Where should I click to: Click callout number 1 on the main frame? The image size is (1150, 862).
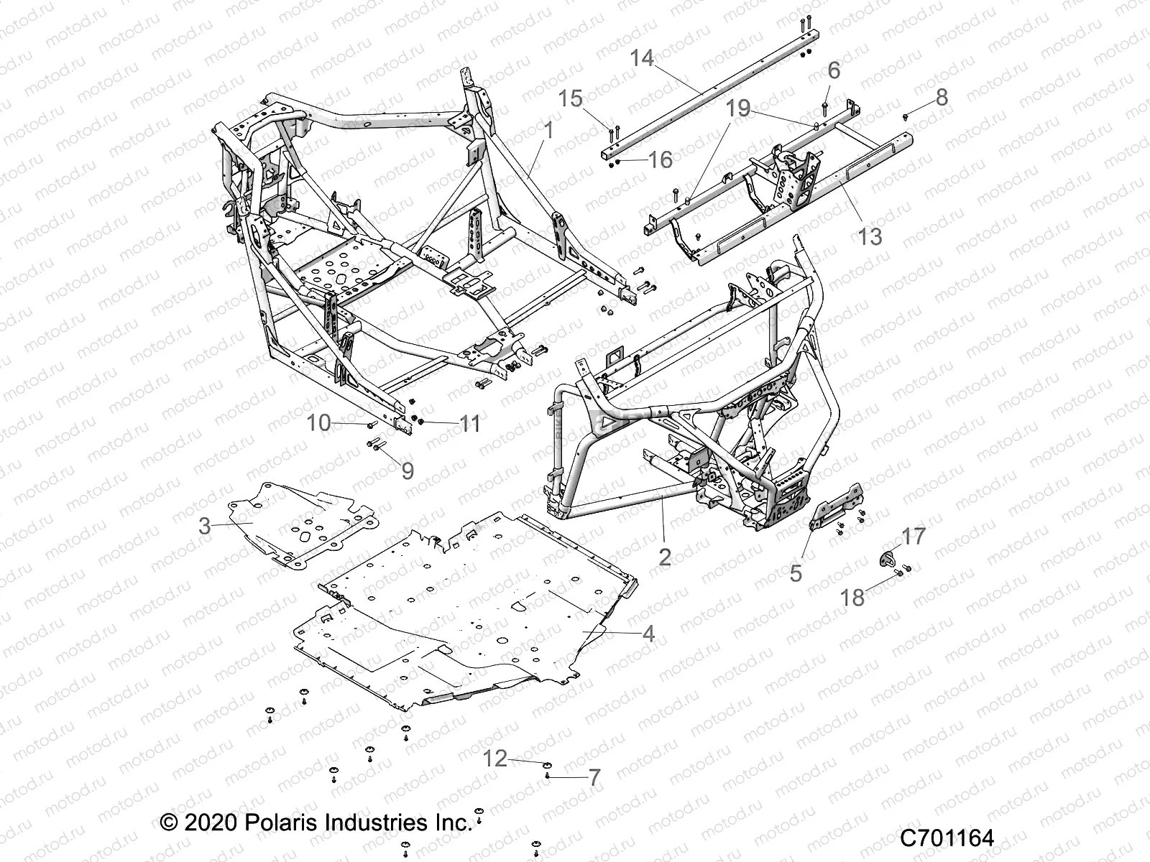pos(569,131)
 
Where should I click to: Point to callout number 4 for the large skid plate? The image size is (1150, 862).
pos(648,634)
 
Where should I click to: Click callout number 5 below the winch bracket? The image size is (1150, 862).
pos(796,573)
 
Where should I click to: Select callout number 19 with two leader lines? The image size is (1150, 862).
pos(738,109)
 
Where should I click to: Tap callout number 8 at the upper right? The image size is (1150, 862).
pos(942,97)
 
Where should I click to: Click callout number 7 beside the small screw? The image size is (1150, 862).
pos(594,778)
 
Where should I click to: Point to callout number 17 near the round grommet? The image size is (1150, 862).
pos(914,536)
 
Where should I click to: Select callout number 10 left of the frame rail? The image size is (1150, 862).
pos(318,423)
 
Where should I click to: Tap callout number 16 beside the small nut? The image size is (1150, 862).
pos(660,159)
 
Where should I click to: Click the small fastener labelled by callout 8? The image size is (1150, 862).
pos(906,115)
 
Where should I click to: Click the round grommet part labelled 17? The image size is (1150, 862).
pos(888,558)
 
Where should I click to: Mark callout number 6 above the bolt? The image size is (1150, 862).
pos(834,70)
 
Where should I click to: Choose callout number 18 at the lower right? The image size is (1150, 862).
pos(853,597)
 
